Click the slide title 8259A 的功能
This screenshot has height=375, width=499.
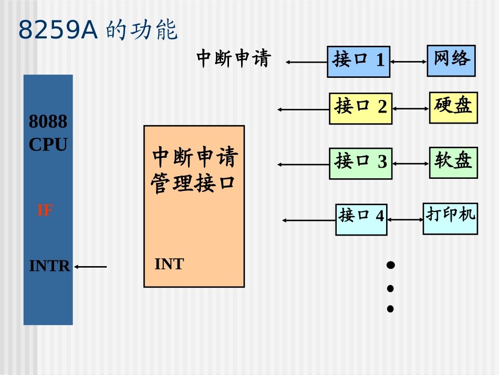click(x=98, y=31)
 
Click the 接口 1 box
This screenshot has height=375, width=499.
click(x=358, y=62)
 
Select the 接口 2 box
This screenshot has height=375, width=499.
click(x=360, y=108)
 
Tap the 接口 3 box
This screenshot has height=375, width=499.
click(x=360, y=163)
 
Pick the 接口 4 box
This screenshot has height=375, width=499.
click(x=361, y=219)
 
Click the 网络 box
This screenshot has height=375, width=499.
click(x=451, y=60)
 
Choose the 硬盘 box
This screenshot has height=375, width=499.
click(x=453, y=107)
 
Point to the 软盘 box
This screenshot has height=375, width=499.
click(x=453, y=162)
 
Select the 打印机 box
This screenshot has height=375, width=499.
click(x=450, y=217)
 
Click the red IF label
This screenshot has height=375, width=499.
click(x=45, y=210)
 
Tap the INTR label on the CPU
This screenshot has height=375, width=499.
click(x=49, y=266)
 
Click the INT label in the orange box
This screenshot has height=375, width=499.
click(x=169, y=264)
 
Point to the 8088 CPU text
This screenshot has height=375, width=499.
click(x=48, y=133)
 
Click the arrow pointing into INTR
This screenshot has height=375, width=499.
click(x=90, y=267)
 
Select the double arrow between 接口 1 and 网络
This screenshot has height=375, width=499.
click(x=408, y=62)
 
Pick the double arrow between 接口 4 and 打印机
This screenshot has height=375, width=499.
click(x=405, y=219)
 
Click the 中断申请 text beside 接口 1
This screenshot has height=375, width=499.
click(x=233, y=58)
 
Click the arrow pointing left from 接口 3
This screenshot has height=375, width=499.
click(x=303, y=165)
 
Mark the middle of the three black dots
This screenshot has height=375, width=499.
click(x=390, y=288)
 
